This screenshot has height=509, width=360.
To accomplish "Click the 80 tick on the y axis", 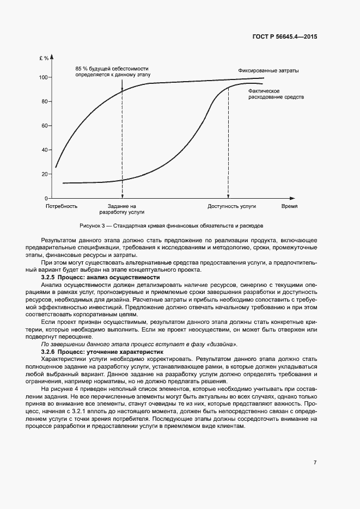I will tap(45, 101).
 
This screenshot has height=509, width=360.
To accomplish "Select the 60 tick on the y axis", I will tap(45, 126).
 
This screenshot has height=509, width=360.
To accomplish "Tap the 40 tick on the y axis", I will tap(45, 150).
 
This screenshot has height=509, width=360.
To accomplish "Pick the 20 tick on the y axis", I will tap(45, 174).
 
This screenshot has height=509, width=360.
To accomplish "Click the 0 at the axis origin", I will tap(46, 198).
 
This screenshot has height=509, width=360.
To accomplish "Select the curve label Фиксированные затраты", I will tap(268, 71).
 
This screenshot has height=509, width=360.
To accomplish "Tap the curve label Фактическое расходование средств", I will tap(276, 93).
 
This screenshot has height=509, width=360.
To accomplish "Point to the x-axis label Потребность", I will tap(62, 207).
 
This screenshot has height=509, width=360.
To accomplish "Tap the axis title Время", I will tap(289, 207).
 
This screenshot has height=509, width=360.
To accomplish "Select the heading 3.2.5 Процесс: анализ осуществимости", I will tap(100, 278).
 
